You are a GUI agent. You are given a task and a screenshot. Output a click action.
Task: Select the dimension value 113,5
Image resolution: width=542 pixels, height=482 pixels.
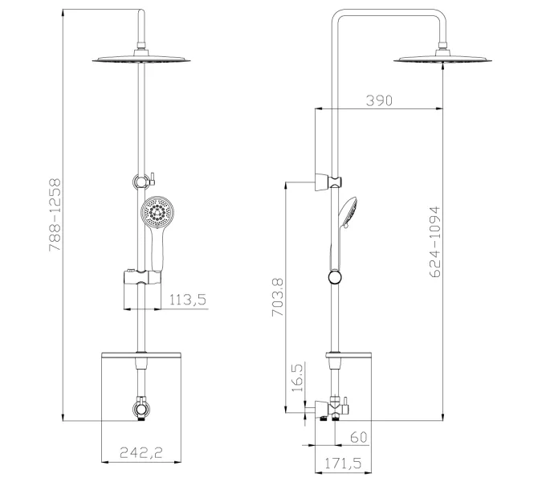pyautogui.click(x=189, y=300)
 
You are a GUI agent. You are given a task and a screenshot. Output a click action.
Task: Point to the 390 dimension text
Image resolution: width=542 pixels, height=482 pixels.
pyautogui.click(x=378, y=100)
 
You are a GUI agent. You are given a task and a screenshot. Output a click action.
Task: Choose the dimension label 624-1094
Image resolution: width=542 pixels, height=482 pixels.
pyautogui.click(x=434, y=242)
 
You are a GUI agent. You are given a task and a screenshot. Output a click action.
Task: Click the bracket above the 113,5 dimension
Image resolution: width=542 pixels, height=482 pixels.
pyautogui.click(x=140, y=279)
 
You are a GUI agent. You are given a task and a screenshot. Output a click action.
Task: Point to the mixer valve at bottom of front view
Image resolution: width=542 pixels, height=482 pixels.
pyautogui.click(x=141, y=410)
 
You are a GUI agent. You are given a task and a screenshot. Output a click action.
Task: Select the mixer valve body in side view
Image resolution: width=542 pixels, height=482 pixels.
pyautogui.click(x=334, y=409)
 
